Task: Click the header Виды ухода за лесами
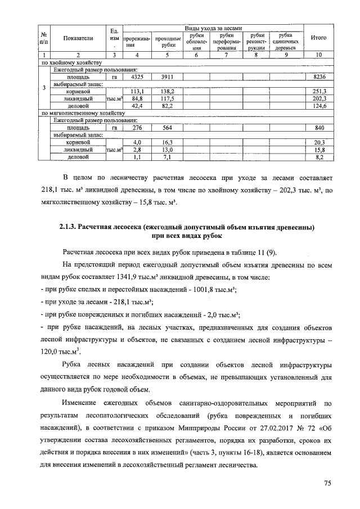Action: click(x=213, y=28)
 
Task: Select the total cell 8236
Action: click(x=319, y=76)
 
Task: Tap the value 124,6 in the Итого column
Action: click(x=319, y=105)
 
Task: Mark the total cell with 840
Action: click(x=319, y=128)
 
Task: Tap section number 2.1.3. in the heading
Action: click(x=71, y=227)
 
